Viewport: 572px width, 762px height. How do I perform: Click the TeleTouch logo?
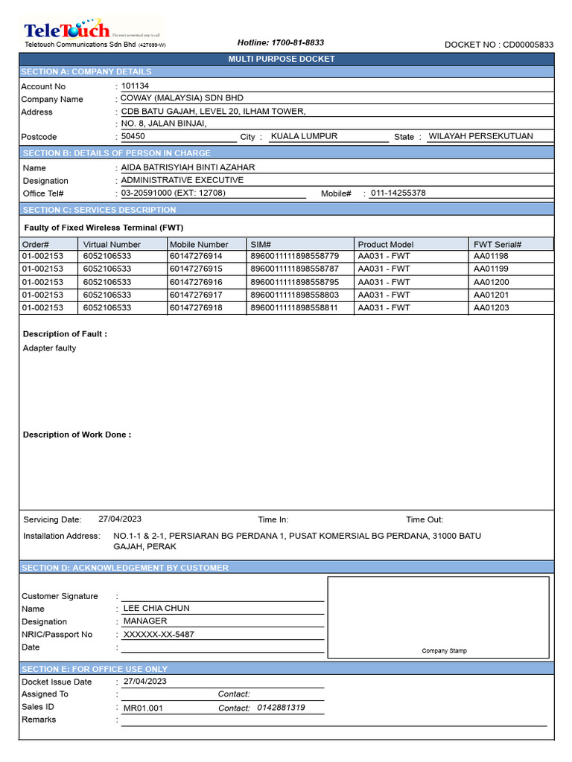click(67, 31)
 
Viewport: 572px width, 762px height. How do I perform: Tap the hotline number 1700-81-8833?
click(280, 43)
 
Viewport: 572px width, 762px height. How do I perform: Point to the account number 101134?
click(135, 86)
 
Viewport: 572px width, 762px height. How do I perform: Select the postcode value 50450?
click(133, 136)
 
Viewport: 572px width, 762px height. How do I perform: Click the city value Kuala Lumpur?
click(304, 136)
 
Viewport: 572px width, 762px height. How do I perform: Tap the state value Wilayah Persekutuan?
click(480, 136)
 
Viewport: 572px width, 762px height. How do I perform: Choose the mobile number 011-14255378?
click(398, 193)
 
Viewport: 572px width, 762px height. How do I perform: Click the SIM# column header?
click(261, 244)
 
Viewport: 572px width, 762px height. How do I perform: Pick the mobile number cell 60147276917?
click(196, 295)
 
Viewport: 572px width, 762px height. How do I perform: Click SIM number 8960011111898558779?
click(294, 256)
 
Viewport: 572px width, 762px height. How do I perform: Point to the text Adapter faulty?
click(49, 348)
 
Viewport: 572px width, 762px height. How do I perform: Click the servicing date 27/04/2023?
click(120, 519)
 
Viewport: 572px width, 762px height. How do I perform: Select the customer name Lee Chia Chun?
click(156, 608)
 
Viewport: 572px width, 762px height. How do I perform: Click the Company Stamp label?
click(445, 650)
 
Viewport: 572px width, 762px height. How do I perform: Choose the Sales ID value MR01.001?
click(143, 708)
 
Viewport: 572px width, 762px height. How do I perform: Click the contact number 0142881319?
click(281, 708)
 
